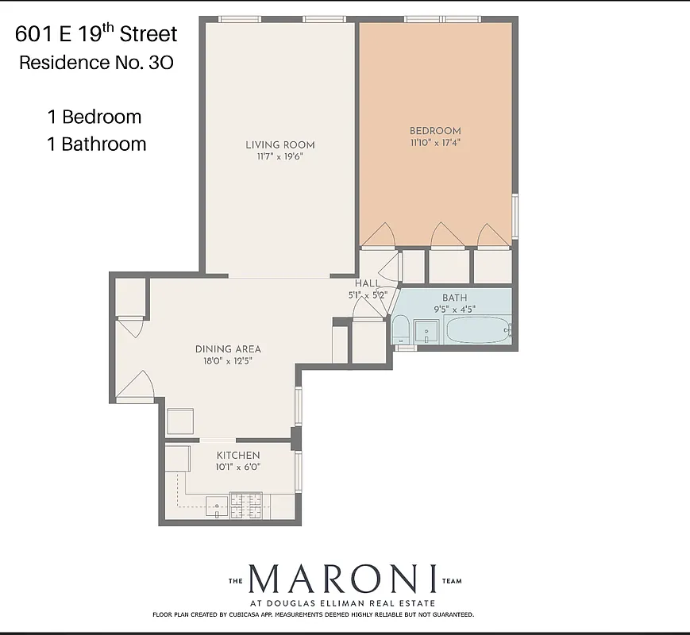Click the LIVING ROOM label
(279, 144)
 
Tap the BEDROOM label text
(435, 131)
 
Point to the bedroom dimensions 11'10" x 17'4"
(435, 144)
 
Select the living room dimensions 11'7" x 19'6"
(279, 157)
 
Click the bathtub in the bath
(477, 330)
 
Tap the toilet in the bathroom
(400, 330)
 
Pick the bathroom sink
(426, 332)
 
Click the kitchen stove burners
(245, 503)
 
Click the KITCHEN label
(238, 455)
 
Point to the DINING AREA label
(228, 348)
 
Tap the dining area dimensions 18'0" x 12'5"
(228, 361)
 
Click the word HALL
(367, 283)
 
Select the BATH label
(455, 298)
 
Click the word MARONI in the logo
(343, 580)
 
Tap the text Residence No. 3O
(96, 63)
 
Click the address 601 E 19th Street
(96, 34)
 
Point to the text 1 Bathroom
(96, 144)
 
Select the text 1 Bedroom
(94, 117)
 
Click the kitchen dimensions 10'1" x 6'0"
(238, 468)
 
